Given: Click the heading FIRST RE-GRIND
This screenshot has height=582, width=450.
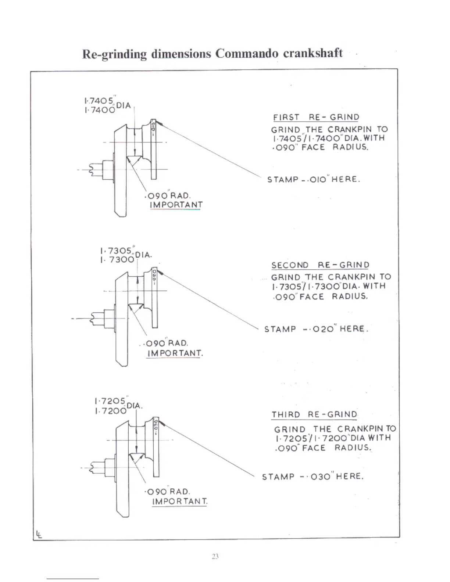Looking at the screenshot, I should click(316, 117).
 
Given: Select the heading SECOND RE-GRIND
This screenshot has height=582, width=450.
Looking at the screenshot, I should click(320, 265).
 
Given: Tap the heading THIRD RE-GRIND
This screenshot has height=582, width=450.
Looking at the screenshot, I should click(314, 415).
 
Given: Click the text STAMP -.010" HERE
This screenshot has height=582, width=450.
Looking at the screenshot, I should click(313, 180).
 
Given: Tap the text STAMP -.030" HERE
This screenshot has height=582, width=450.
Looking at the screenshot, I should click(312, 477).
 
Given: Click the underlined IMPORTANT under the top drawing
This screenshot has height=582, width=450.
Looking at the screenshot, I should click(176, 205).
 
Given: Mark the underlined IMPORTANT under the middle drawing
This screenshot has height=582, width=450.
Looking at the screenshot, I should click(175, 353).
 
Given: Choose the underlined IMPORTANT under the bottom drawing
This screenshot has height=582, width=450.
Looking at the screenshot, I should click(180, 502).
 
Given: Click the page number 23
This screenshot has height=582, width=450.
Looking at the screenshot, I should click(215, 557).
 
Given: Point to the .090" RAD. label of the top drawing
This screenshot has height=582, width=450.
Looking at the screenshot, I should click(168, 195).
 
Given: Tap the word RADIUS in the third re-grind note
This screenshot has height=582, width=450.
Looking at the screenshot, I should click(352, 448).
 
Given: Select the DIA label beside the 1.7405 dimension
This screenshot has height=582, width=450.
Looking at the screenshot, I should click(124, 106).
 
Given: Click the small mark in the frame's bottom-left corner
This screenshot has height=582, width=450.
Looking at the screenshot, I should click(39, 534).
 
